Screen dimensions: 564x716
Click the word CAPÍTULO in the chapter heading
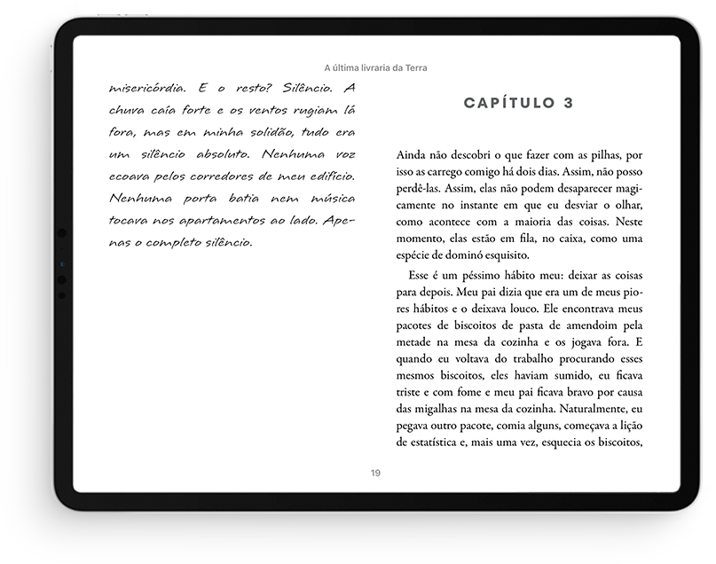tap(507, 103)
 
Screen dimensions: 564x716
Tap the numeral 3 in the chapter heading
tap(568, 103)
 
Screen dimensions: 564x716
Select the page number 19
tap(376, 473)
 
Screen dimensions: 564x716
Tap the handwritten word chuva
tap(129, 110)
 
